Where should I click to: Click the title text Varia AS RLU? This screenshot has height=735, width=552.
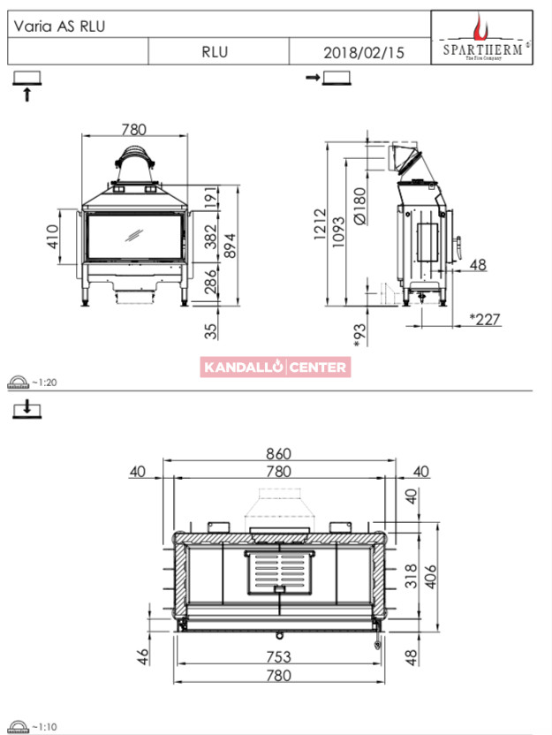pos(59,27)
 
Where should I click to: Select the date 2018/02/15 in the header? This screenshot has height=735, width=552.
pos(364,52)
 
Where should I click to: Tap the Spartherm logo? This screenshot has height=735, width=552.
pos(481,37)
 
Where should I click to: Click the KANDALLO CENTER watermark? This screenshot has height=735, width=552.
pos(276,367)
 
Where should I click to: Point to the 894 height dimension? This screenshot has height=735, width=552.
pos(230,246)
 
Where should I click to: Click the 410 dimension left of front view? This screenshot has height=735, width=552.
pos(52,237)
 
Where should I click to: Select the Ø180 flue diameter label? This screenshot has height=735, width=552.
pos(359,207)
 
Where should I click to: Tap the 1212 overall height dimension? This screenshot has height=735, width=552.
pos(320,224)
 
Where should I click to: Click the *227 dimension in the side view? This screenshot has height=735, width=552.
pos(485,319)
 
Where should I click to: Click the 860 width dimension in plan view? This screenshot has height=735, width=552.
pos(279,453)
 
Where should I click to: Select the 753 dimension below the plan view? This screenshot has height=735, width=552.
pos(279,656)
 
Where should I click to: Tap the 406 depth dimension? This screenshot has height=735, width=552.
pos(430,577)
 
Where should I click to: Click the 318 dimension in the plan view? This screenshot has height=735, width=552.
pos(411,576)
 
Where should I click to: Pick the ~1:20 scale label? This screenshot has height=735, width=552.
pos(44,383)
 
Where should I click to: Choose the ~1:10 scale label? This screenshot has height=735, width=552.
pos(44,727)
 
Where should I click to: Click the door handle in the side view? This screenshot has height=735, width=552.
pos(457,248)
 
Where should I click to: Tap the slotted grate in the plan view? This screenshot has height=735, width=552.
pos(280,572)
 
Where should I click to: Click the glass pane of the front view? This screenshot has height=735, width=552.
pos(134,236)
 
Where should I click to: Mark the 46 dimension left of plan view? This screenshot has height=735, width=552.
pos(143,656)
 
